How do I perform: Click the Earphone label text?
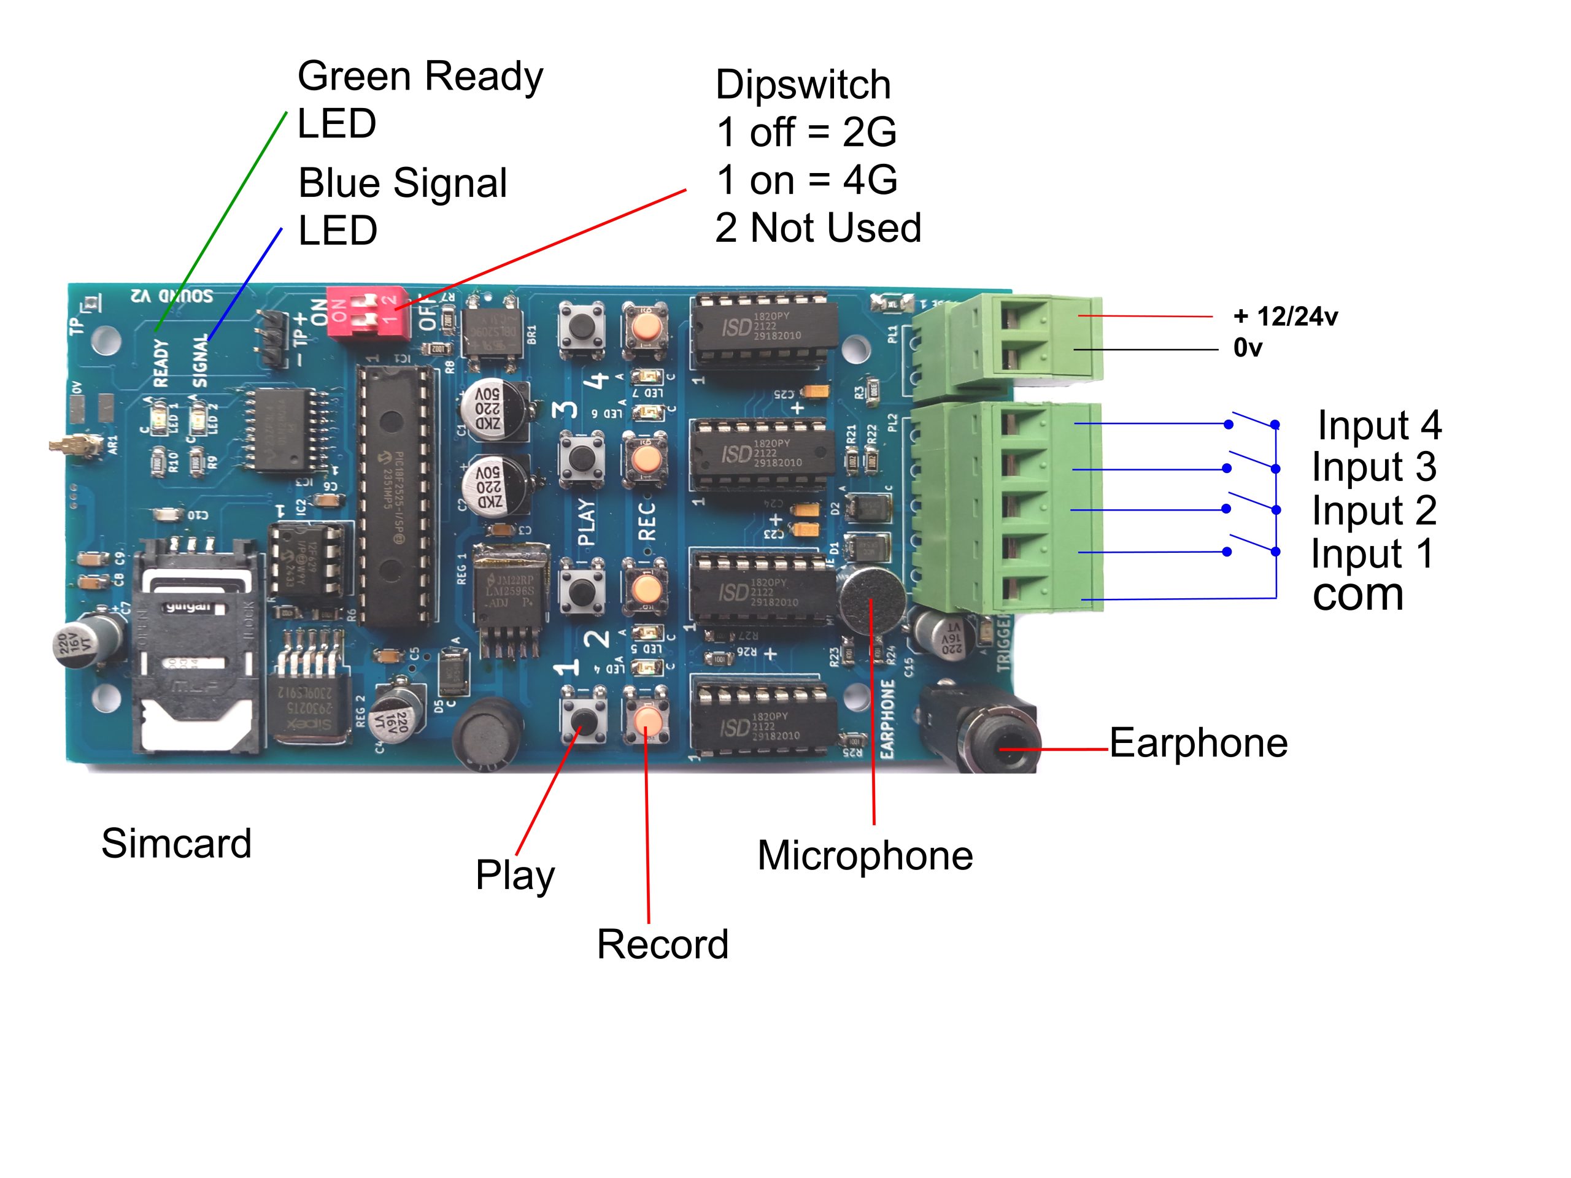click(x=1198, y=744)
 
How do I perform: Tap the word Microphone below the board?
click(x=864, y=855)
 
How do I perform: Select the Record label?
click(x=662, y=944)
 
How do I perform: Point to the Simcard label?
click(x=176, y=843)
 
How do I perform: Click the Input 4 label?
click(x=1378, y=425)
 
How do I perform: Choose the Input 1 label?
click(x=1372, y=553)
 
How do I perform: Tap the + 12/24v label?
click(x=1286, y=317)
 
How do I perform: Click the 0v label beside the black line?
click(x=1247, y=348)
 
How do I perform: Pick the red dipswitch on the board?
click(x=368, y=312)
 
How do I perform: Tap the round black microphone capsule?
click(x=871, y=601)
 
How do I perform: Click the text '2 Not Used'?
click(x=817, y=228)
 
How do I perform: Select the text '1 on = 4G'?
click(x=806, y=180)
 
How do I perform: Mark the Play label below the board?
click(x=515, y=875)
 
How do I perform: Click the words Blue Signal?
click(x=403, y=183)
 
